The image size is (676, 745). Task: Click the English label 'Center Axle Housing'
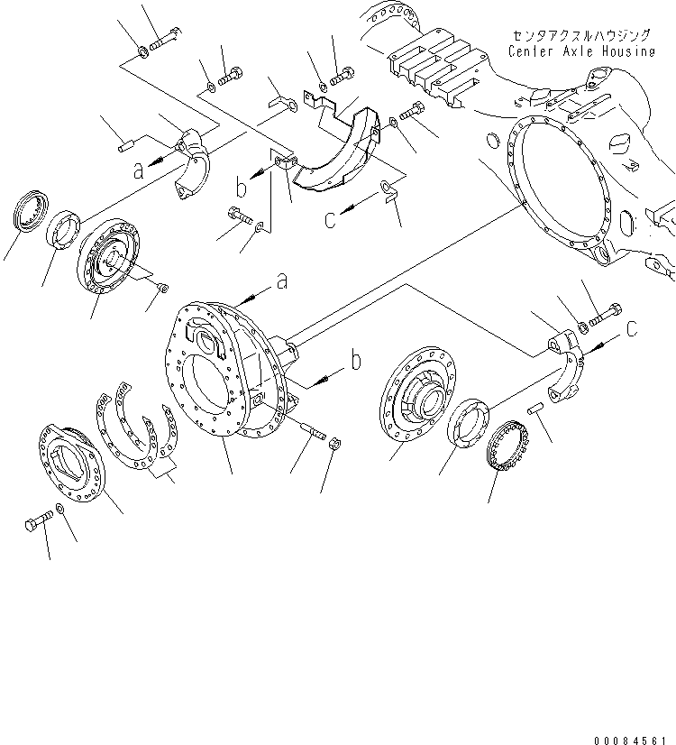tap(580, 51)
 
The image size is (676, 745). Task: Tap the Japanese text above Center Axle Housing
tap(580, 35)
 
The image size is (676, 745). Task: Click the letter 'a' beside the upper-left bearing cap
tap(138, 170)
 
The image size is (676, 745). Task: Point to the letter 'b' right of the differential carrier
tap(356, 362)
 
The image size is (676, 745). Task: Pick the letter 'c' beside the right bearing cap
tap(632, 329)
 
